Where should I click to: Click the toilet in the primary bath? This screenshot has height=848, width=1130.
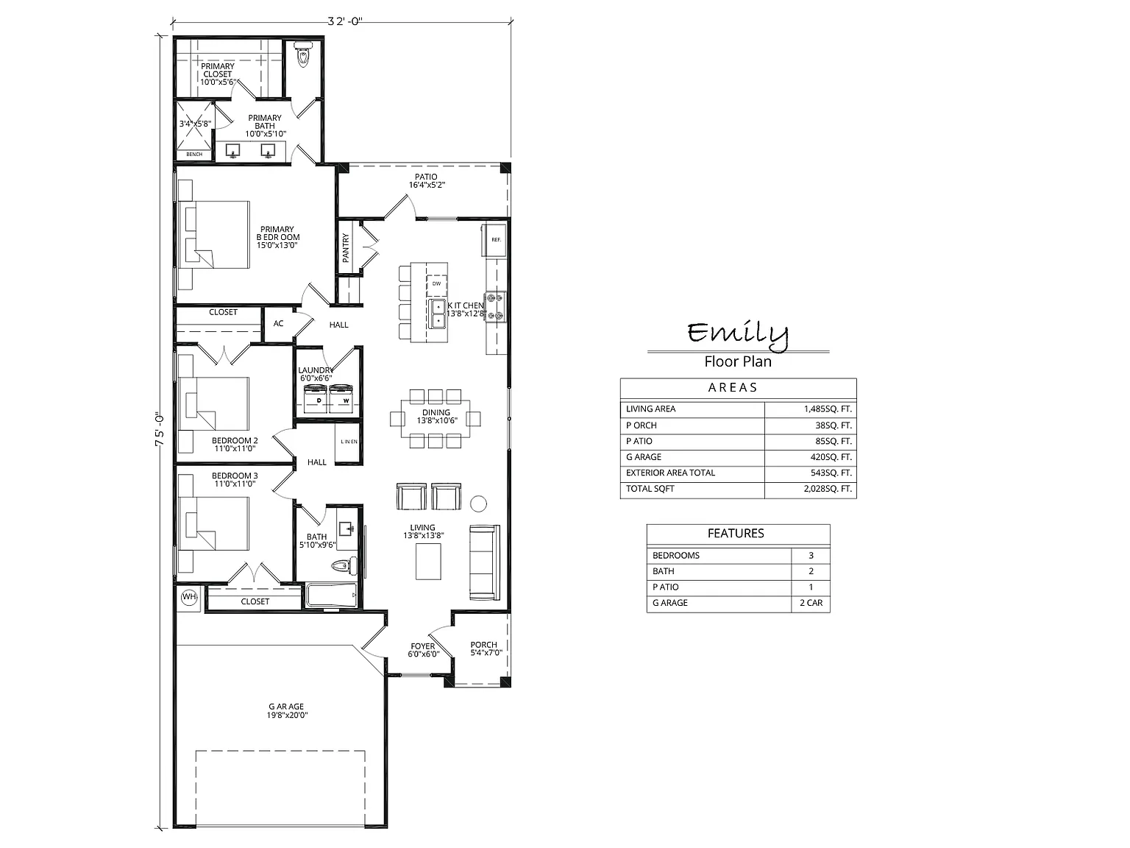click(302, 53)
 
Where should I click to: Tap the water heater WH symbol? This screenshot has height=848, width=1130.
click(189, 597)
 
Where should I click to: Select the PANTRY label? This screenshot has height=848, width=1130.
click(346, 247)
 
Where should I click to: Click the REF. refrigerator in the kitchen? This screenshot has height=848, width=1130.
click(494, 239)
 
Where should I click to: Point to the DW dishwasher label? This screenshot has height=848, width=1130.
click(436, 283)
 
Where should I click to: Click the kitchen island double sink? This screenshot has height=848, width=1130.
click(438, 314)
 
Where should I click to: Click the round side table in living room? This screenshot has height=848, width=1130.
click(479, 504)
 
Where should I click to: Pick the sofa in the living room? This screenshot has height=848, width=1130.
click(484, 562)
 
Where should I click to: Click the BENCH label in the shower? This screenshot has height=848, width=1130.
click(194, 155)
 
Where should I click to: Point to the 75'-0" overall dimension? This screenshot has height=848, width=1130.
click(160, 431)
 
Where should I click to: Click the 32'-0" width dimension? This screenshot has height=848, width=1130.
click(345, 21)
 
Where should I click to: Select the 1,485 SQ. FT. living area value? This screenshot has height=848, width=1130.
click(828, 409)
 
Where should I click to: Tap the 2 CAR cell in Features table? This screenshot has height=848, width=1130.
click(811, 603)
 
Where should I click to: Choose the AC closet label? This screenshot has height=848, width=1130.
click(278, 323)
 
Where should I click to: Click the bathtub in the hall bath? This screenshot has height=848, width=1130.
click(332, 596)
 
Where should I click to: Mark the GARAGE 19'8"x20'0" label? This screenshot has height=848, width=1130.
click(287, 711)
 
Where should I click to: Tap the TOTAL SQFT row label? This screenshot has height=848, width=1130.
click(650, 489)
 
